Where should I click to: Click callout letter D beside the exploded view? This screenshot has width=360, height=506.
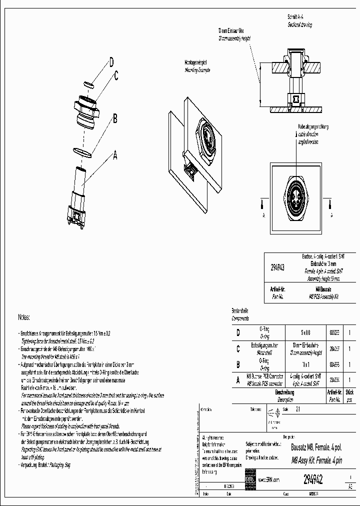[x=111, y=62]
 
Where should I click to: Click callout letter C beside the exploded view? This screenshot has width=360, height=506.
[x=115, y=76]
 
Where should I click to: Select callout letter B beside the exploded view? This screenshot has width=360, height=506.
[x=114, y=118]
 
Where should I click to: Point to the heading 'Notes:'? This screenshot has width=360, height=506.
[x=24, y=317]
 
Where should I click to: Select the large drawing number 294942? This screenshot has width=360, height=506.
[x=313, y=479]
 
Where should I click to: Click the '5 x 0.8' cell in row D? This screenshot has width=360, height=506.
[x=305, y=332]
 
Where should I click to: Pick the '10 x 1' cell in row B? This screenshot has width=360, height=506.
[x=305, y=363]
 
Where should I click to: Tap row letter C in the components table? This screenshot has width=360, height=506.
[x=237, y=348]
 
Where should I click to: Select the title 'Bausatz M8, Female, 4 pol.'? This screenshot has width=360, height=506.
[x=316, y=448]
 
